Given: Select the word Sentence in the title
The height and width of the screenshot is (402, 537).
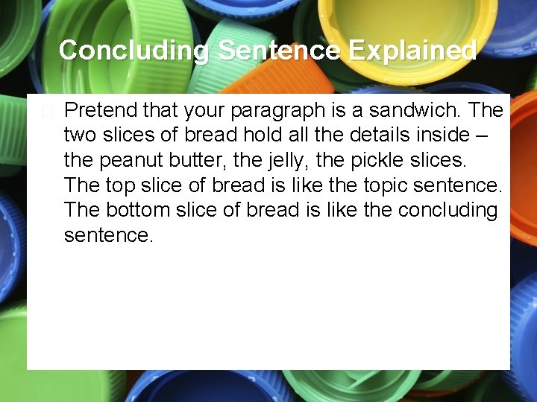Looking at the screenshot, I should tap(278, 51).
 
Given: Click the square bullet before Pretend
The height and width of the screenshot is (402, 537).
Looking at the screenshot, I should tap(48, 112).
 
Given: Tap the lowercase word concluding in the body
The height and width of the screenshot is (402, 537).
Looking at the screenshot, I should tap(447, 210).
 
